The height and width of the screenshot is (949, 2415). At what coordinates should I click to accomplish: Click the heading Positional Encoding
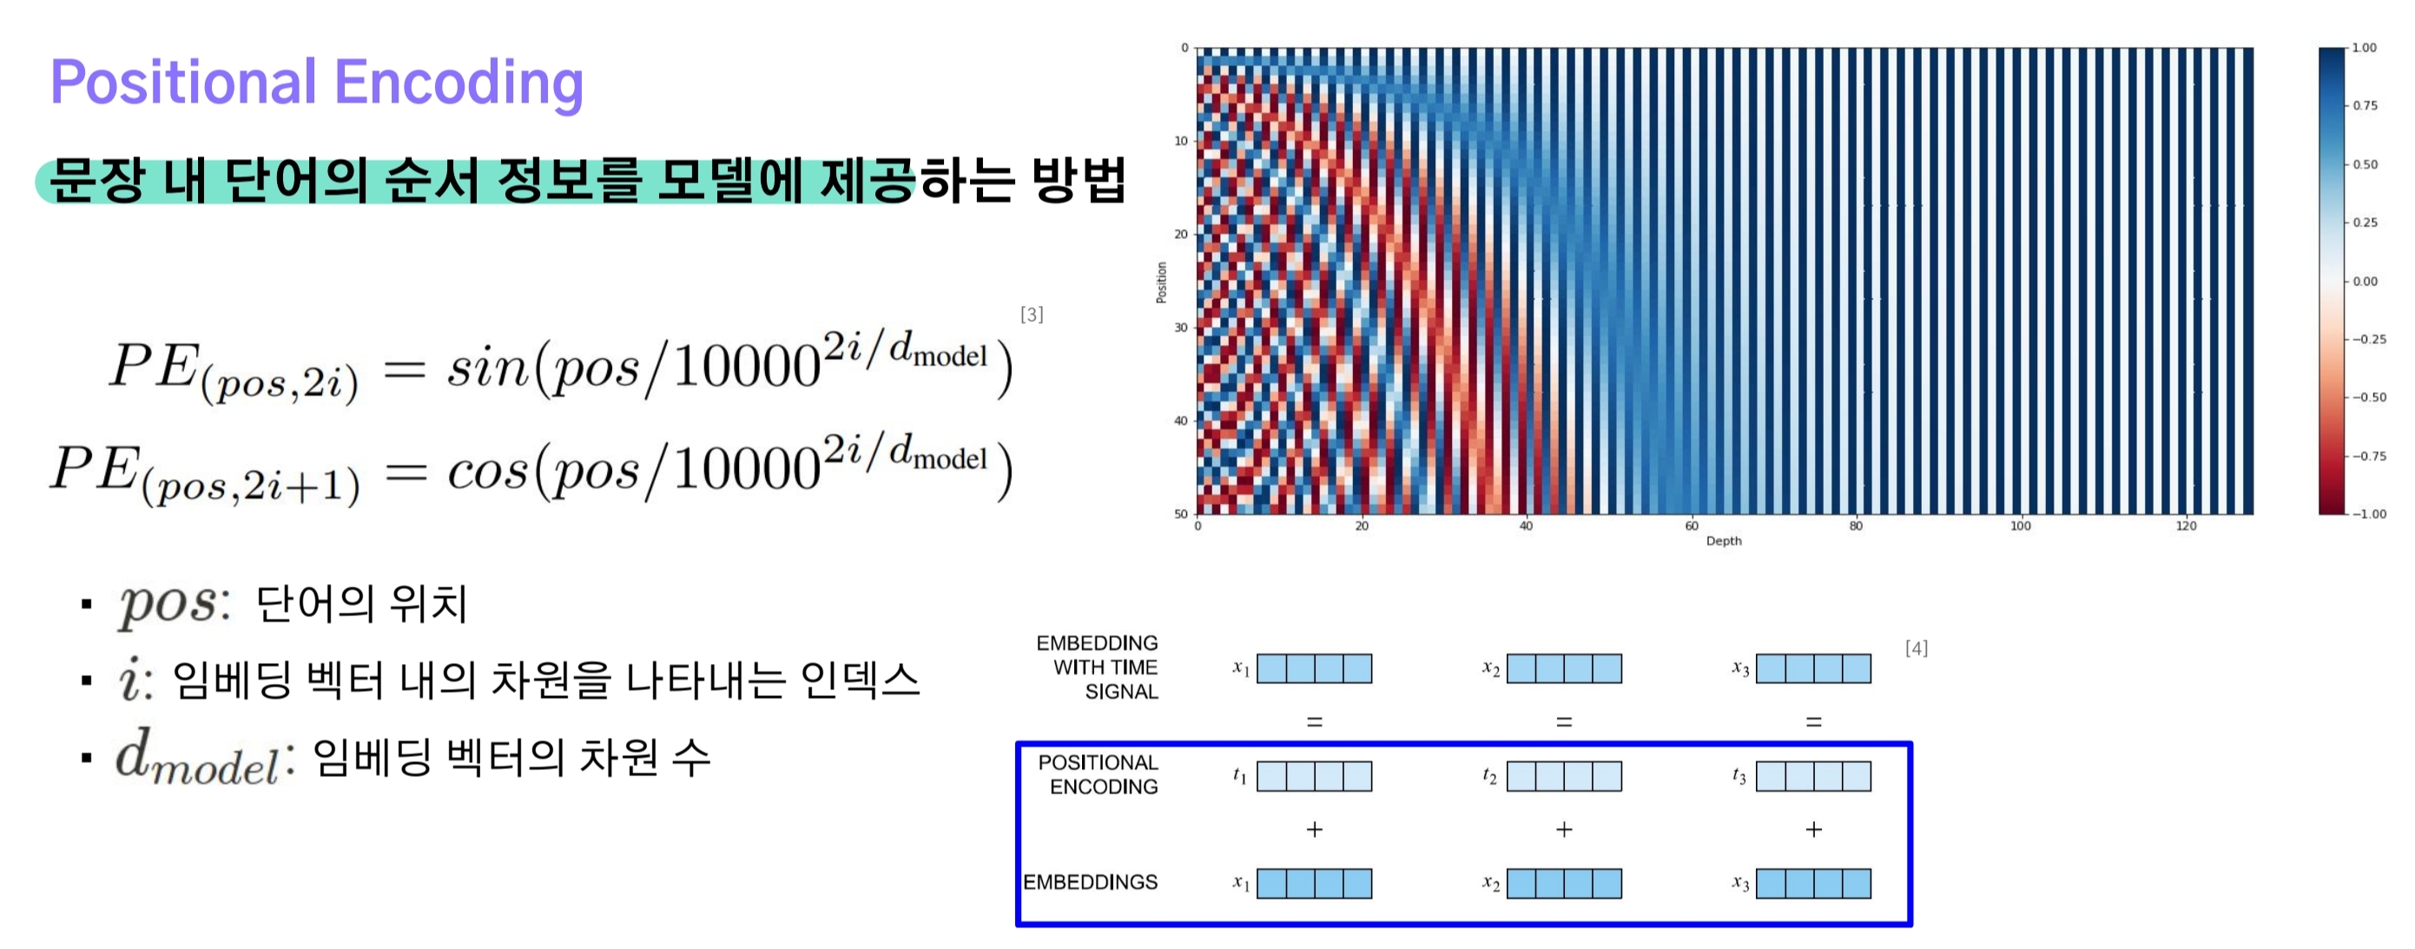317,83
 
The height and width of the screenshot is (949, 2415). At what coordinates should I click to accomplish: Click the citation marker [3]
1032,314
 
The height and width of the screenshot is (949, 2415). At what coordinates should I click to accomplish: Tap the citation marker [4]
1917,648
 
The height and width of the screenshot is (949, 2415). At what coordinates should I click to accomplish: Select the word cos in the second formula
487,470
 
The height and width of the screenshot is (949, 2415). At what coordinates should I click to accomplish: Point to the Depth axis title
1723,541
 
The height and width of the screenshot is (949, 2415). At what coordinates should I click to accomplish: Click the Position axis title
1162,282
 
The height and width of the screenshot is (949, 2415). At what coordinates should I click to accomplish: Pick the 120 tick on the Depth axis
2186,526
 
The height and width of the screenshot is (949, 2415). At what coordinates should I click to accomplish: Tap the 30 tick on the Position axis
1180,328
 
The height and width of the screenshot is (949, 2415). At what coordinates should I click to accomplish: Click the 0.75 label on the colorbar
2366,106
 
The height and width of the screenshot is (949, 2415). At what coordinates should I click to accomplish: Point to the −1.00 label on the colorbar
2369,514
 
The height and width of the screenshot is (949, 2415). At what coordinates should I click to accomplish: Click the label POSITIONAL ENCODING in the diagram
1098,774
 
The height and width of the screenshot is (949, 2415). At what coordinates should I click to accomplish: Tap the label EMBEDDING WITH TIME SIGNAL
1097,667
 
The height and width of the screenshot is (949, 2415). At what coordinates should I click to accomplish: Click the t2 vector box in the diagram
1564,776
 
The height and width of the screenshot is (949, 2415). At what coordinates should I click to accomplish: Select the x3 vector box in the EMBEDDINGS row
1813,883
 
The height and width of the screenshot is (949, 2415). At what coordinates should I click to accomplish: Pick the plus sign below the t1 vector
1315,829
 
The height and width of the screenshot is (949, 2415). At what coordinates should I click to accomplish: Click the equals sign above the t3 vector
1813,722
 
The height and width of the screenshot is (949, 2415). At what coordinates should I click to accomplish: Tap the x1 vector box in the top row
1315,668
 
